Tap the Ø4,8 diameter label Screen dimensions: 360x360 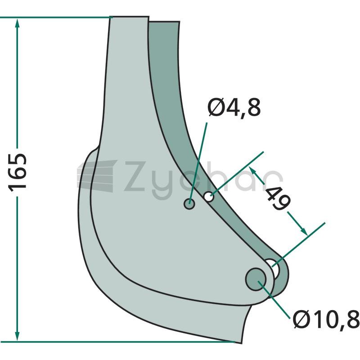pos(234,107)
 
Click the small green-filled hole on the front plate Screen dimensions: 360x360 pos(189,203)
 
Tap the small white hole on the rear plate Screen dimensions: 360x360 pos(209,197)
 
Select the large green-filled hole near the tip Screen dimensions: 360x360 pos(256,279)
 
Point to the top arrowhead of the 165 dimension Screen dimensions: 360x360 pos(17,23)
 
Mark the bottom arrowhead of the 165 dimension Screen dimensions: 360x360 pos(17,336)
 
